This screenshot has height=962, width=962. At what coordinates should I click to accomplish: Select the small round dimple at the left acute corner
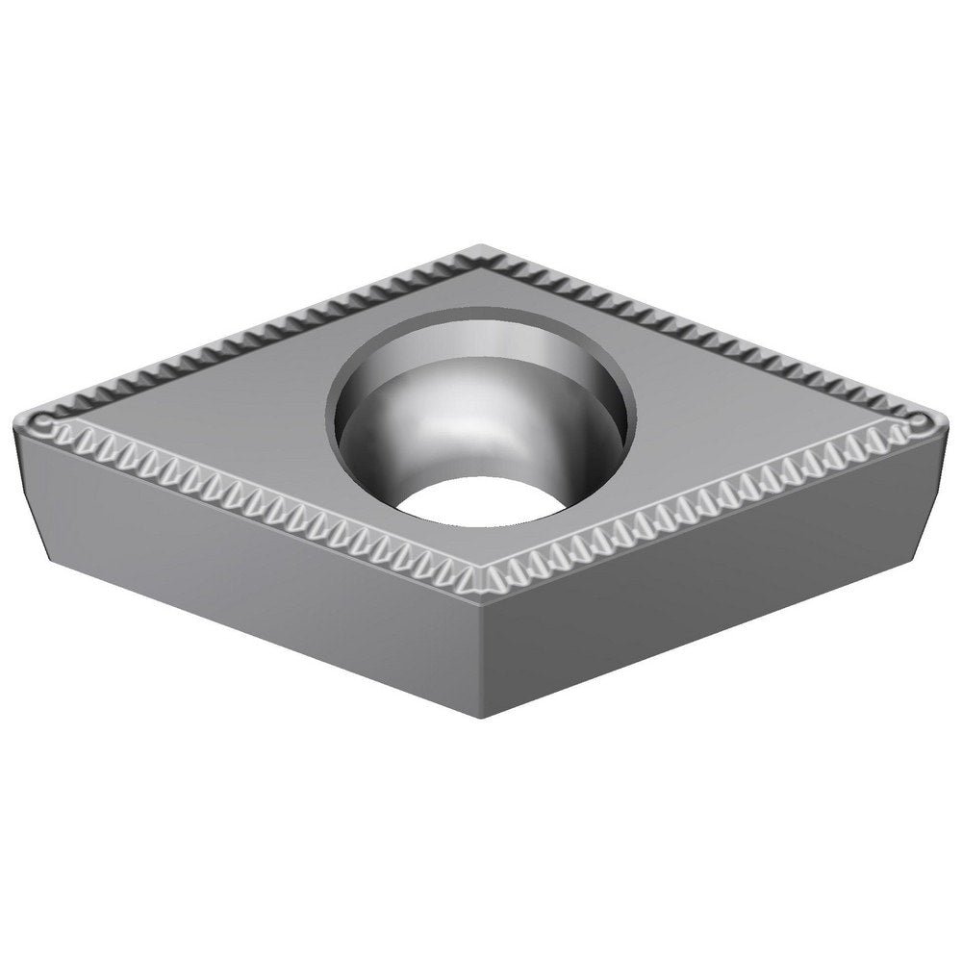pyautogui.click(x=42, y=424)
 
